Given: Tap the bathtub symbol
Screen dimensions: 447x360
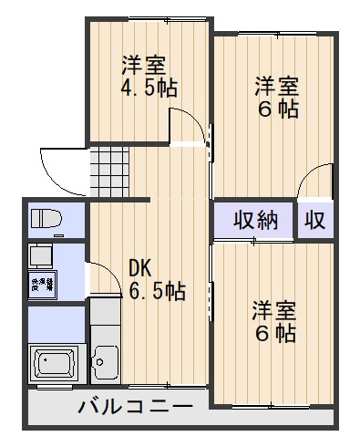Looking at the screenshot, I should pos(55,365).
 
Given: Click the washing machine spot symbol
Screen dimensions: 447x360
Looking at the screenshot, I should pos(42,284).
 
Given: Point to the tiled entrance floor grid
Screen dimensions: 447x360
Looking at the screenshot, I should pos(108,170).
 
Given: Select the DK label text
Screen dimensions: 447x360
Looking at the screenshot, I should pos(139,268).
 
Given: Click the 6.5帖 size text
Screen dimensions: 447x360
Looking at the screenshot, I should pos(157,292).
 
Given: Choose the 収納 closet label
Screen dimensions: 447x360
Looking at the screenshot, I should pos(254,220).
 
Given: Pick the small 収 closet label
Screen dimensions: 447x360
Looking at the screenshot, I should pos(315,220).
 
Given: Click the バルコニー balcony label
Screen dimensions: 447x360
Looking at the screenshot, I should pos(135,406).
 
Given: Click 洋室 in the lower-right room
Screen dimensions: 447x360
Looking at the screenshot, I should pos(274,310).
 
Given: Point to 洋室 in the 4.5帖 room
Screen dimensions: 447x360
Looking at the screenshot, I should pos(145,66).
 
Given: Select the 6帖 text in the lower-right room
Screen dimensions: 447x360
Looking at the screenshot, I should pos(274,334).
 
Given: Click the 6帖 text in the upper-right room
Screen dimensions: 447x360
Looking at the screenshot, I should pos(277,109).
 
